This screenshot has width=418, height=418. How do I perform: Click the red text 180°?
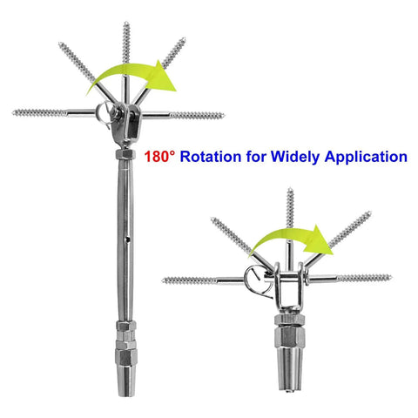(160, 157)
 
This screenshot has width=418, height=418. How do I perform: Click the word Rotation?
(211, 157)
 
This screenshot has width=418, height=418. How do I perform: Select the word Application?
(366, 157)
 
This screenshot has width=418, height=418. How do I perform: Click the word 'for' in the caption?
(256, 157)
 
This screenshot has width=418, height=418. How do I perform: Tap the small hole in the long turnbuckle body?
(127, 239)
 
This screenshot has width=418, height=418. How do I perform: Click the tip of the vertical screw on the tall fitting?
(126, 22)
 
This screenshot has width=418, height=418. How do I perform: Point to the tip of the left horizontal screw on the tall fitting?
(13, 112)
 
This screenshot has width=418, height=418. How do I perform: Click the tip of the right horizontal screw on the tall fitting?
(224, 116)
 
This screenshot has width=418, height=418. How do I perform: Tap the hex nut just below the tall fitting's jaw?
(125, 154)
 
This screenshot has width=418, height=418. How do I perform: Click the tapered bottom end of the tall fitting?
(126, 382)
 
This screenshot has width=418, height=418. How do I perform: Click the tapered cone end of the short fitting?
(289, 368)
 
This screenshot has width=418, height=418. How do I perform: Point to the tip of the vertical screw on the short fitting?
(290, 189)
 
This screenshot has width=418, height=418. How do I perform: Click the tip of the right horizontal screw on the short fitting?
(391, 277)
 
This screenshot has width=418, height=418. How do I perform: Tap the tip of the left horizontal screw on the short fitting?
(163, 280)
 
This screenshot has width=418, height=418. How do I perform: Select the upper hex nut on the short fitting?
(289, 320)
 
